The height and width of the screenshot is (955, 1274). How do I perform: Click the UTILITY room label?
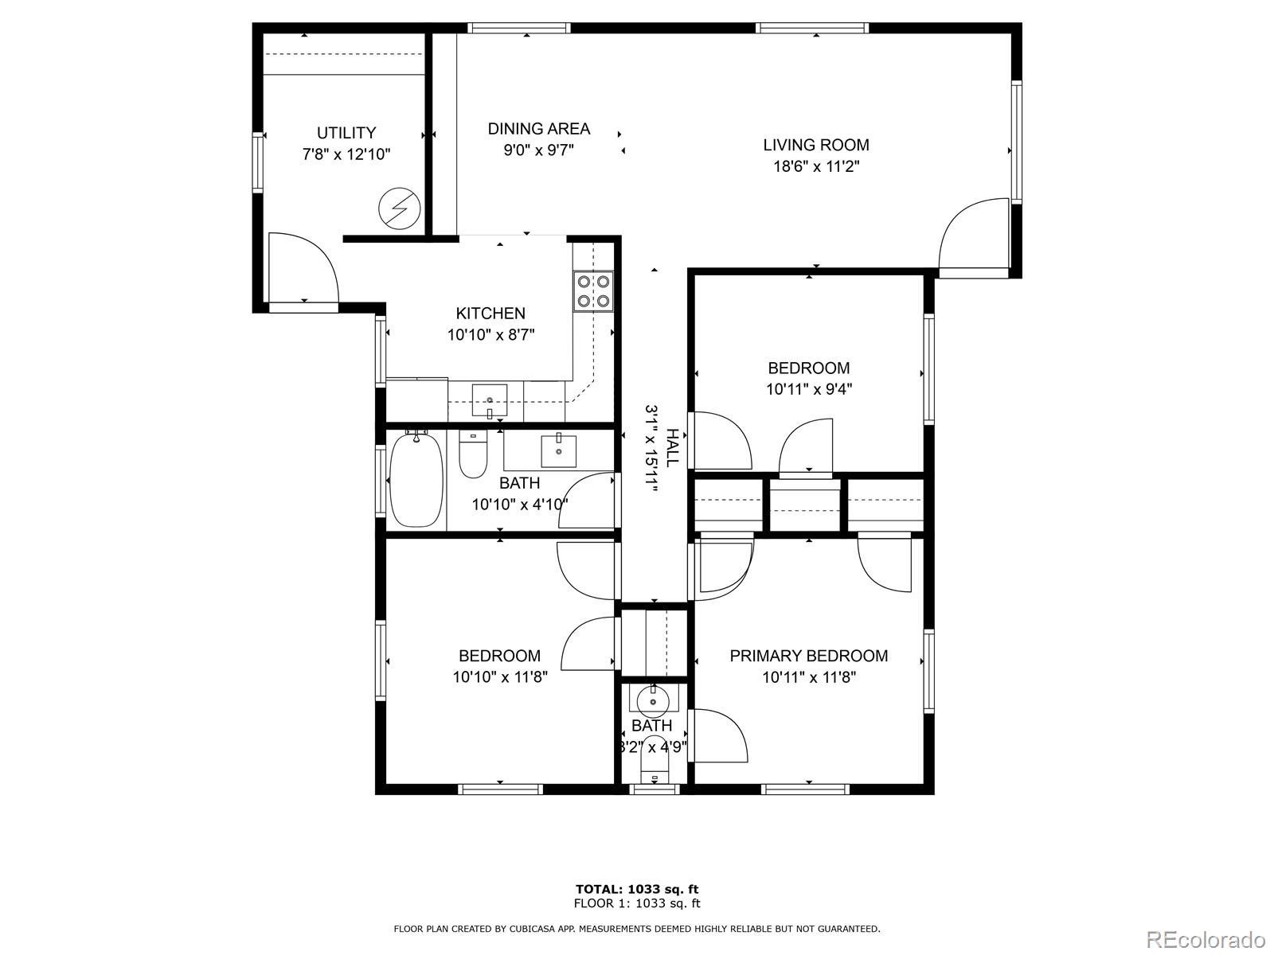click(x=346, y=133)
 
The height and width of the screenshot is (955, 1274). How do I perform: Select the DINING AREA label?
click(x=538, y=129)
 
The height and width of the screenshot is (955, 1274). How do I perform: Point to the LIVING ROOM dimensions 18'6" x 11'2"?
click(x=816, y=167)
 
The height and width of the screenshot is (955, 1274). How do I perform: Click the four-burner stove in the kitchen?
click(x=593, y=291)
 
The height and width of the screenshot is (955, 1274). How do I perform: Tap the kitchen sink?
click(x=489, y=400)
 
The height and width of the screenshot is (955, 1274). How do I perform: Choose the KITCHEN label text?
click(x=490, y=313)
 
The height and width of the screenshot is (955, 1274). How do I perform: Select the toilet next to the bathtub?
click(x=473, y=454)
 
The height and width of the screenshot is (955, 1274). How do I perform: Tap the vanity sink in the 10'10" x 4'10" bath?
click(x=558, y=451)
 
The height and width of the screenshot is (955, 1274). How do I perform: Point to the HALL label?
click(x=671, y=448)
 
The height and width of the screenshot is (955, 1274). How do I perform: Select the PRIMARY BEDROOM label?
click(x=808, y=656)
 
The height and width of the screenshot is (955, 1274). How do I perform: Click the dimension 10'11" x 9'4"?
click(x=808, y=389)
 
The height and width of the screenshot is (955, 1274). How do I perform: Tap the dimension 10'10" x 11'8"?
click(x=500, y=677)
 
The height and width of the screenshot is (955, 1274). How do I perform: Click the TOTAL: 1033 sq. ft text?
click(x=637, y=889)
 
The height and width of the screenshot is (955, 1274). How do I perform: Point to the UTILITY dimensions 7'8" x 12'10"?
click(x=346, y=155)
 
